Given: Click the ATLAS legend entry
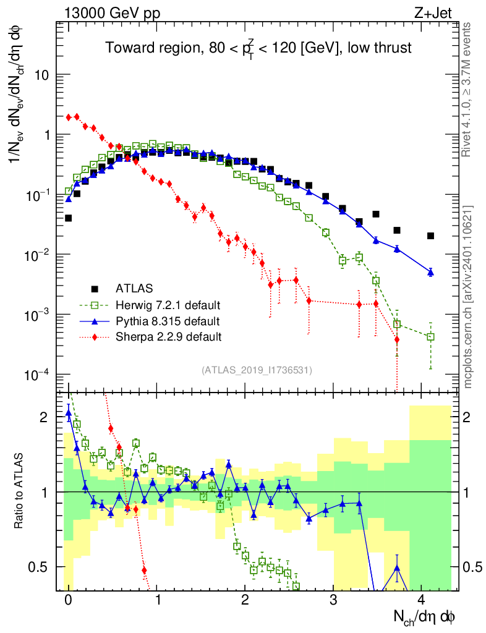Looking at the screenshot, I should pyautogui.click(x=134, y=288).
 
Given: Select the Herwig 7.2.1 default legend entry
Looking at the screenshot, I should pyautogui.click(x=168, y=305).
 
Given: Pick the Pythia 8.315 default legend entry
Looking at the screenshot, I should pyautogui.click(x=168, y=321).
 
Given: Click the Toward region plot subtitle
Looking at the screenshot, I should pyautogui.click(x=258, y=48).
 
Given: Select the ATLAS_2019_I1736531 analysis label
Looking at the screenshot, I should pyautogui.click(x=257, y=370).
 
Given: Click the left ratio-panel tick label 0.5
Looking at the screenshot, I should pyautogui.click(x=38, y=566).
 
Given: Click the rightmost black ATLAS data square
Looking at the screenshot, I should pyautogui.click(x=430, y=236).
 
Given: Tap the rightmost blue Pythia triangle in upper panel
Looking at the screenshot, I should pyautogui.click(x=430, y=271).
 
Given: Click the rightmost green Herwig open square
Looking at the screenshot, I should pyautogui.click(x=430, y=337).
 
